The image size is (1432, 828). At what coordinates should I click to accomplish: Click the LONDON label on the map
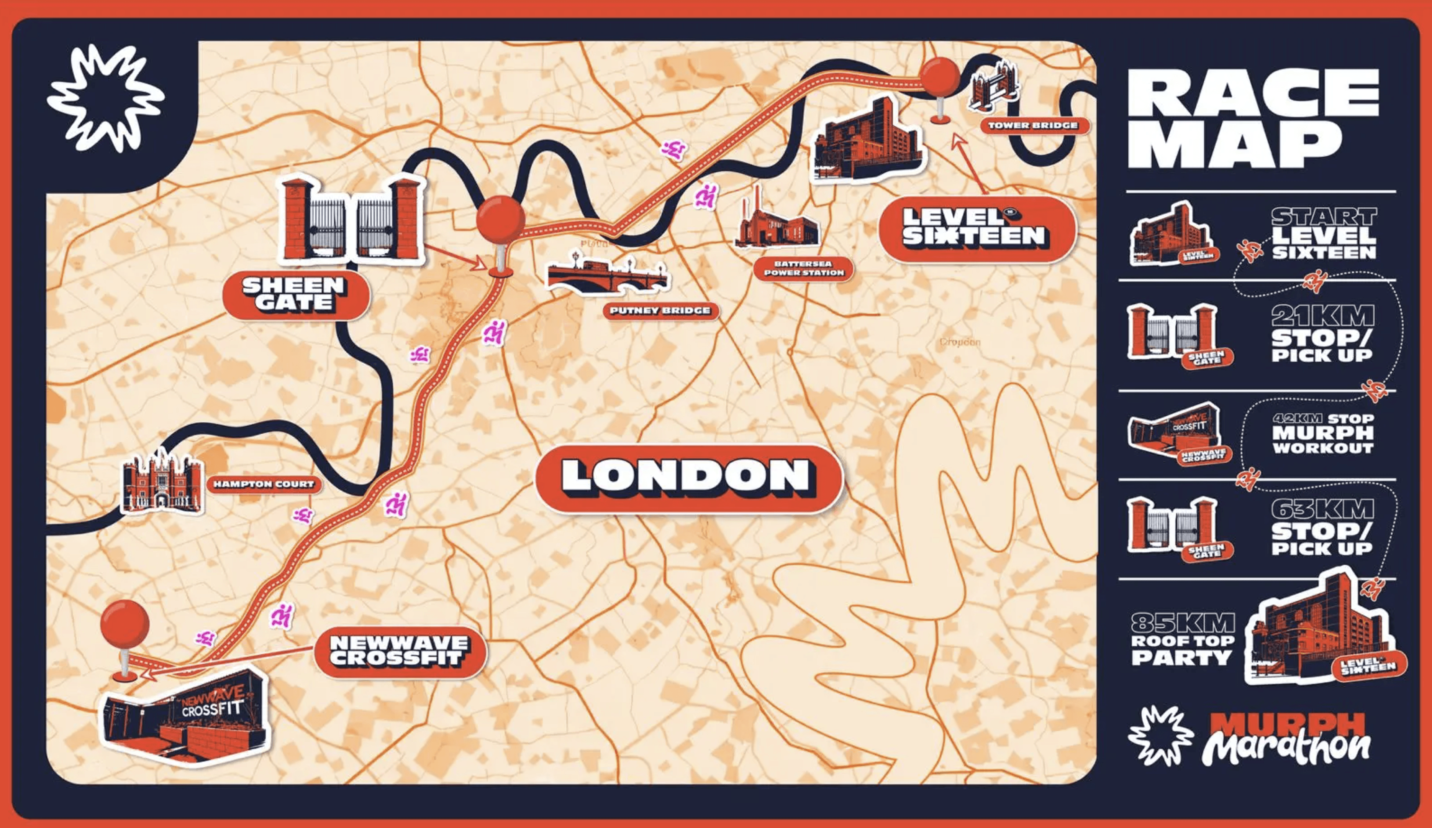(688, 476)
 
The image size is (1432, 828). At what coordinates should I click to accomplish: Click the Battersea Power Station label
(803, 268)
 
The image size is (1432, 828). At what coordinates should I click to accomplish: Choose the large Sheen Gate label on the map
(294, 294)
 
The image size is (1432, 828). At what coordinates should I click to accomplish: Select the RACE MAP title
(1252, 118)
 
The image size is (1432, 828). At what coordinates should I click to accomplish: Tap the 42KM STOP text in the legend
(1322, 419)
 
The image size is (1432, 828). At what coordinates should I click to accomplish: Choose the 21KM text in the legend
(1322, 316)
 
